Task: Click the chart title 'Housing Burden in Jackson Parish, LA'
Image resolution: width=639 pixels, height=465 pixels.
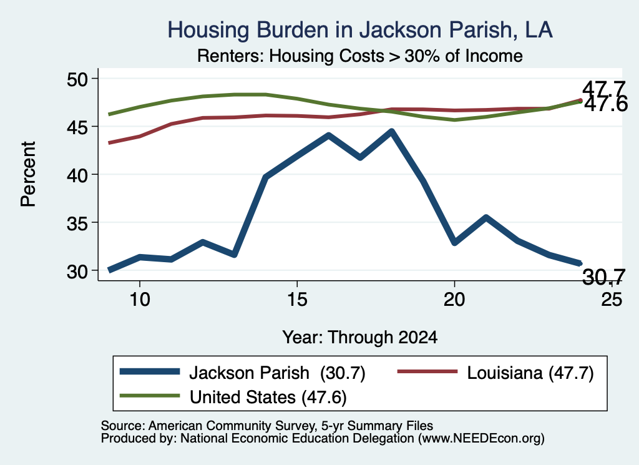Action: (360, 30)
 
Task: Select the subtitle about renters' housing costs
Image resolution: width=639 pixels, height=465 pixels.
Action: (360, 56)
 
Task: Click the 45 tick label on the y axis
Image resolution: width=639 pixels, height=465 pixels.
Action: (77, 127)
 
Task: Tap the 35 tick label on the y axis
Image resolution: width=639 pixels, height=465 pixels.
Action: (77, 223)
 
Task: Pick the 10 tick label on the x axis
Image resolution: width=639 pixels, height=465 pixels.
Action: (140, 300)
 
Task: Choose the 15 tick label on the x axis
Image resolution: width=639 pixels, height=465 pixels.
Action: (297, 300)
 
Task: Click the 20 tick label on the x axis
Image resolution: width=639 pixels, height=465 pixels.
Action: (454, 300)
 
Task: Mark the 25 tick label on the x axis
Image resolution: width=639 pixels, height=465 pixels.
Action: (612, 300)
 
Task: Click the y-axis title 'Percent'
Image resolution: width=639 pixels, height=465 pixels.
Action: (28, 174)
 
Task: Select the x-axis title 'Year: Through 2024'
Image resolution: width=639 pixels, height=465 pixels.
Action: (360, 338)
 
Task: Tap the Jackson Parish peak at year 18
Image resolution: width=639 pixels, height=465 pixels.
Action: (391, 131)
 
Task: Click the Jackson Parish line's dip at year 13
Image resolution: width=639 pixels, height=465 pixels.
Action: (234, 254)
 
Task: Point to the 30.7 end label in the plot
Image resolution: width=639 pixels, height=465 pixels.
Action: (603, 277)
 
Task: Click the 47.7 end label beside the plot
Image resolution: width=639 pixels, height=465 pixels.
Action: (603, 89)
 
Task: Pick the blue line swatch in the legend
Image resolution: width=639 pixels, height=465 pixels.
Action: (150, 371)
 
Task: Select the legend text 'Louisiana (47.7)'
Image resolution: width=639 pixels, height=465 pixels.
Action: (530, 373)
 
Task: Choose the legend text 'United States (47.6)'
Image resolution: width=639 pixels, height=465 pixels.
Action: (268, 398)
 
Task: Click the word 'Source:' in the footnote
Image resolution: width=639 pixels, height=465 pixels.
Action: (123, 426)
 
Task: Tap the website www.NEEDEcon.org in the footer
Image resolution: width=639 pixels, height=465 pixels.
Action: (481, 439)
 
